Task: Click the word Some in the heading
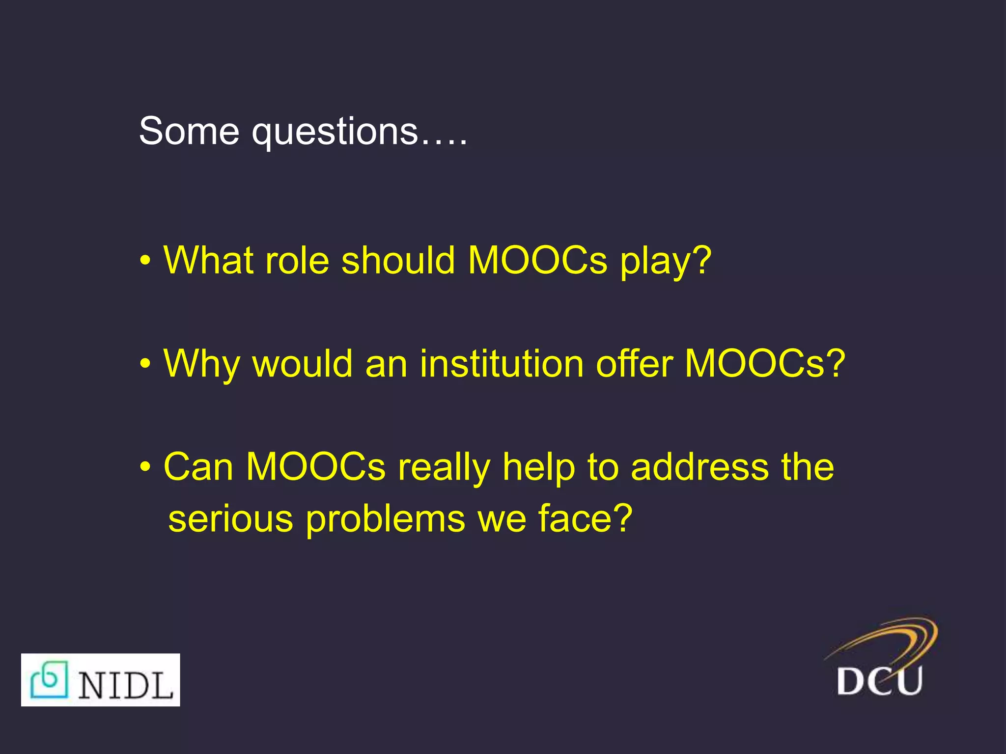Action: (x=189, y=132)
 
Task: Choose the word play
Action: (x=658, y=263)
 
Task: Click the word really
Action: (x=444, y=469)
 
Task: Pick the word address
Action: (x=699, y=467)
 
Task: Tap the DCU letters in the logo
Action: (x=879, y=680)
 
